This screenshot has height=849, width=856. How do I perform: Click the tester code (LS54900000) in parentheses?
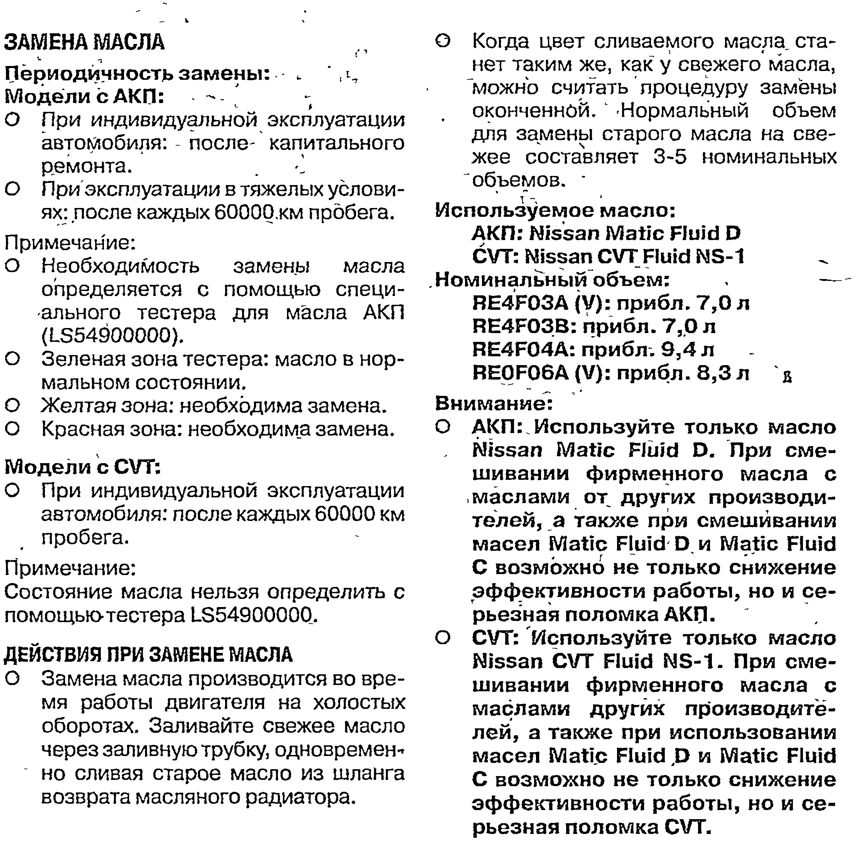pos(112,335)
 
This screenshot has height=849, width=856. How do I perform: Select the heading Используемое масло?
pos(555,211)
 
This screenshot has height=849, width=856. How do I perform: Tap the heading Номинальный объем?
pos(552,280)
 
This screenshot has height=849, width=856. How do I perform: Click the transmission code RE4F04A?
pos(523,350)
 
